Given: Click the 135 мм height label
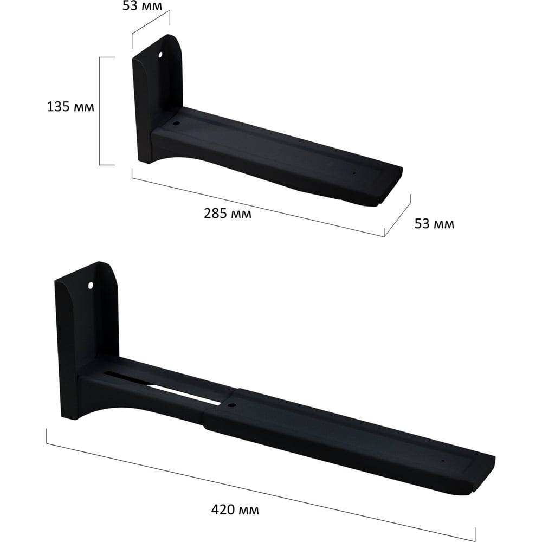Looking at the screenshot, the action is coord(70,106).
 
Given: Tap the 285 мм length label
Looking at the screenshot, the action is coord(228,213).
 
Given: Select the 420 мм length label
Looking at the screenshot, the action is coord(235,509).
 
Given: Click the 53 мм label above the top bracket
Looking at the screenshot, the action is coord(142,5).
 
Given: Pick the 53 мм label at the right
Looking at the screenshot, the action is coord(434,224).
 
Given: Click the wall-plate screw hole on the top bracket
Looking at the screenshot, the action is coord(160,55).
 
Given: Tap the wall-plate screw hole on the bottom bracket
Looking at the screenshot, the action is coord(91,286).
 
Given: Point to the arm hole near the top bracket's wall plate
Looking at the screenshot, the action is coord(176,124).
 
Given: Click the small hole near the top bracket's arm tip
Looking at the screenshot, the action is coord(354,173).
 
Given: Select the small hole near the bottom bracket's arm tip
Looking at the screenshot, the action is coord(442,461).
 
